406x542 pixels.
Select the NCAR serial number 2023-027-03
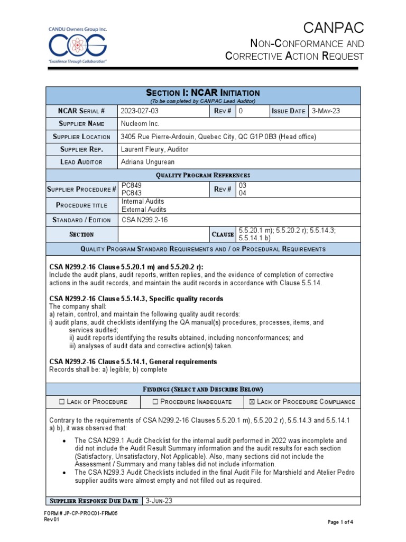140,111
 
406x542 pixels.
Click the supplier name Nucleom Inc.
141,124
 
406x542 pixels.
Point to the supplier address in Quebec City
218,137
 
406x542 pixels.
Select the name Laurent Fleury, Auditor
154,149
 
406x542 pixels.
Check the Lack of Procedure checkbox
62,402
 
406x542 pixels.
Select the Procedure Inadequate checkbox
155,402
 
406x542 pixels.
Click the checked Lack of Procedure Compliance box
252,402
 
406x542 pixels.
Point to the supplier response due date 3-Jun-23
159,501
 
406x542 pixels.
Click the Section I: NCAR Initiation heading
203,93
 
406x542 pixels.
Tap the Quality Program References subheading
203,175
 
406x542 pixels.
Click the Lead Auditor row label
81,162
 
